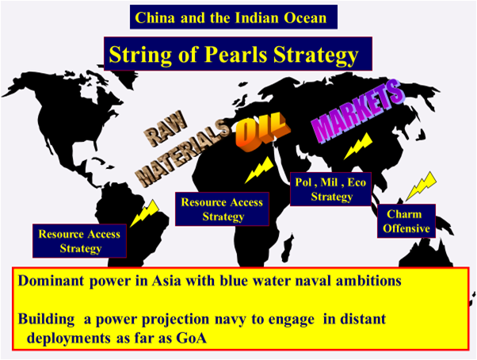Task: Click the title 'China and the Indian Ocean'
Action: click(233, 17)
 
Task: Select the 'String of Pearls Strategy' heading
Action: click(238, 54)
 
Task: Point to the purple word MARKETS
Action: click(357, 110)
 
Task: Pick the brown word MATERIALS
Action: click(182, 153)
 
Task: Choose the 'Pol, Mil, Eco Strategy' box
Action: click(330, 189)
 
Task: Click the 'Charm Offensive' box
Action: click(406, 221)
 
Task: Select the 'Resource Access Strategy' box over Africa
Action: click(222, 209)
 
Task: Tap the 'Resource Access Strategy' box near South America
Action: click(80, 241)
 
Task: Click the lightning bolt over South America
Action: click(145, 213)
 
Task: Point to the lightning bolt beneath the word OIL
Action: click(259, 170)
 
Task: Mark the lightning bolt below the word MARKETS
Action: click(358, 146)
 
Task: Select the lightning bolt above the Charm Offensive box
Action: click(422, 186)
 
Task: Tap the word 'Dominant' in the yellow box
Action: click(51, 281)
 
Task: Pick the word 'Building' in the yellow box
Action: click(46, 320)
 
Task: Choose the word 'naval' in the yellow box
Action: click(313, 281)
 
